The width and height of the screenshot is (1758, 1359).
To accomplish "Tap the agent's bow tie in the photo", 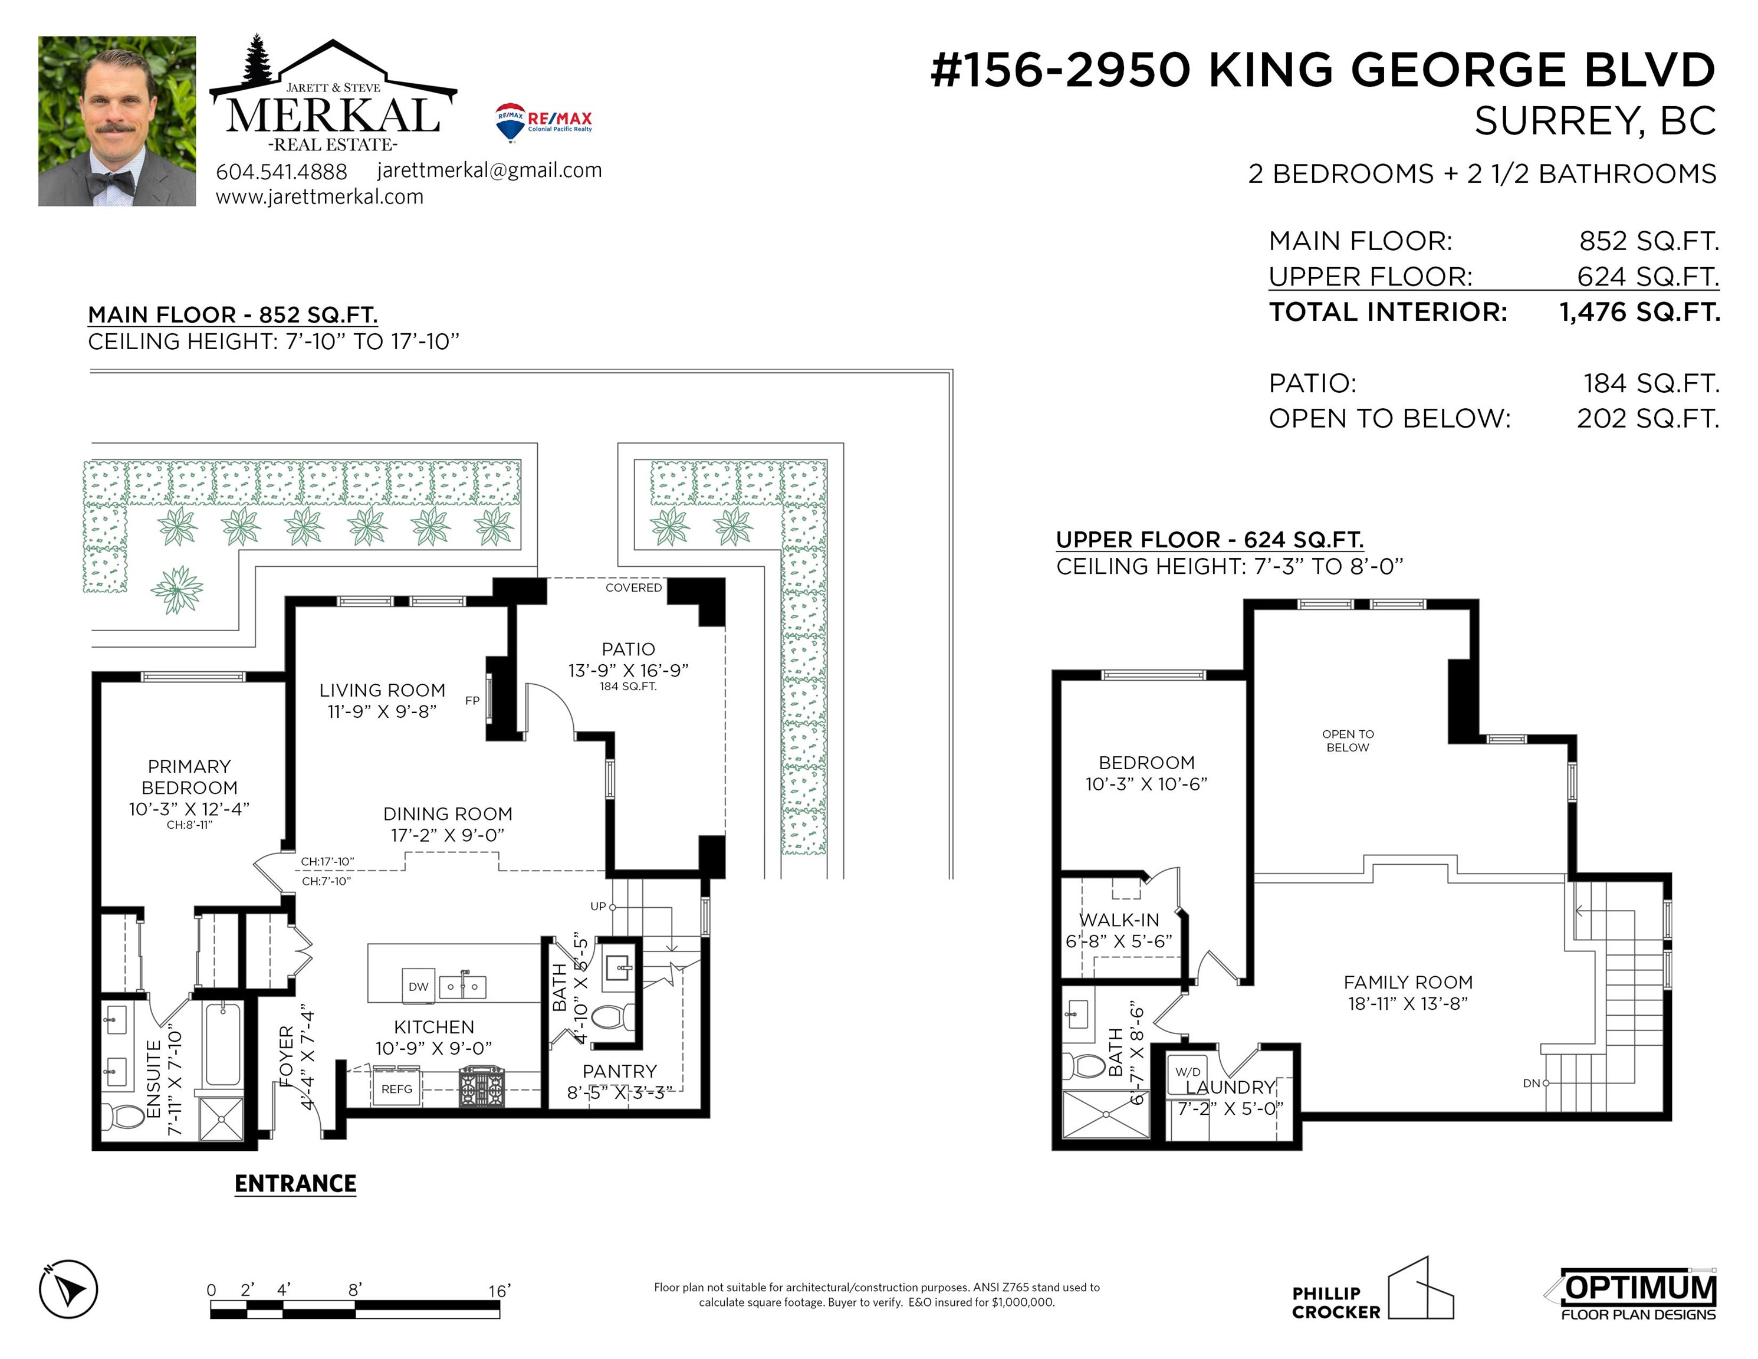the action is (x=110, y=183).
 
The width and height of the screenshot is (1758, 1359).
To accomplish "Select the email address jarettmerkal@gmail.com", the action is (x=489, y=170).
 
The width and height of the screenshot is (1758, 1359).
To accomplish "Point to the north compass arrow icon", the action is (x=68, y=1289).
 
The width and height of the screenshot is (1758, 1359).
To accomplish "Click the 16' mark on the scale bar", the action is (x=499, y=1291).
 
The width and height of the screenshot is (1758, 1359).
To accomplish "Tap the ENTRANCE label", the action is (x=295, y=1183).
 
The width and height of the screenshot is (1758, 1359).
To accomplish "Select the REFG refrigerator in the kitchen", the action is (x=397, y=1088).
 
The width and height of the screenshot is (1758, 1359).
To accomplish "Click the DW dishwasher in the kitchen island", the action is (x=419, y=986).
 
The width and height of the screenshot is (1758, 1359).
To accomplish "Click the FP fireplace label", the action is (x=472, y=700).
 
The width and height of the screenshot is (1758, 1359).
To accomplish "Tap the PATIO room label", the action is (x=629, y=649).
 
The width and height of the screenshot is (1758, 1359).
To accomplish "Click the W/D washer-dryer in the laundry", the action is (x=1188, y=1072).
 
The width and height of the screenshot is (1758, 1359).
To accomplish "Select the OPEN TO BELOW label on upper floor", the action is (x=1348, y=741).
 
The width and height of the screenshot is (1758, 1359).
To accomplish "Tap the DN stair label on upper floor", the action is (x=1532, y=1083).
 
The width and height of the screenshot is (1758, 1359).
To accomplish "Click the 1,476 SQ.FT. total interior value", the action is (x=1639, y=311).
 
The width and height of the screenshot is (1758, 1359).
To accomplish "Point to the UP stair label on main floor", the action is (x=598, y=906).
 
